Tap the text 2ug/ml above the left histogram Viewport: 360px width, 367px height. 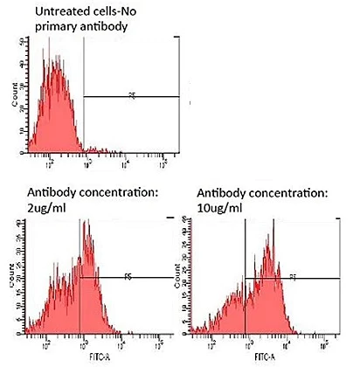34,207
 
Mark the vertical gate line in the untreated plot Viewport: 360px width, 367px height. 84,96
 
